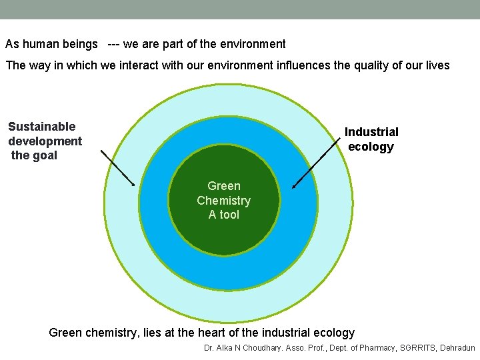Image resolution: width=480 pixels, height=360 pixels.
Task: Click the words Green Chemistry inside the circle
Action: tap(224, 193)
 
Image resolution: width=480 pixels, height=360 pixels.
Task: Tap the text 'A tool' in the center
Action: tap(224, 215)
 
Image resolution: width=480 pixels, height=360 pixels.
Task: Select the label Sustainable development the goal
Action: tap(45, 141)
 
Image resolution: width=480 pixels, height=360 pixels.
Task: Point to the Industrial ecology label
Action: tap(371, 139)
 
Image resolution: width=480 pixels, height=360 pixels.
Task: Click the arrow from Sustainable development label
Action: tap(117, 168)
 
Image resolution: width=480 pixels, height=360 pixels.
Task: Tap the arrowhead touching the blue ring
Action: tap(295, 186)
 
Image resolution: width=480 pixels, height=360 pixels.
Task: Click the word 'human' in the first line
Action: tap(41, 45)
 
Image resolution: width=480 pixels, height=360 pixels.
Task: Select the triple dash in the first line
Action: tap(113, 45)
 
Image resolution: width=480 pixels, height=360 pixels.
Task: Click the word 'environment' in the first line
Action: tap(253, 45)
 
